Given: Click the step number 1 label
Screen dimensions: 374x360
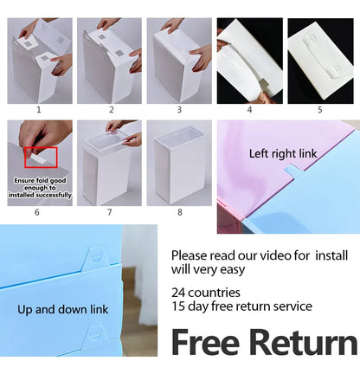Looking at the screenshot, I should (x=38, y=111).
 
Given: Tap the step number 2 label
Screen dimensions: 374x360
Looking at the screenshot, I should (x=111, y=111).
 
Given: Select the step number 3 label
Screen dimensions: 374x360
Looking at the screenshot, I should (x=179, y=111).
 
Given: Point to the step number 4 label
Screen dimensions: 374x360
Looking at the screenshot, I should (x=249, y=111).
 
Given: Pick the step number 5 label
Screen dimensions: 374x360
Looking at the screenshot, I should (x=319, y=111).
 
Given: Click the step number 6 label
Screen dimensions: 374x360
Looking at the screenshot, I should (x=37, y=212).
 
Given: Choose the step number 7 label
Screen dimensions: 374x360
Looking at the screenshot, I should (x=109, y=212).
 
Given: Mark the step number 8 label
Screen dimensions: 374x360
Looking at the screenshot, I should (x=179, y=212).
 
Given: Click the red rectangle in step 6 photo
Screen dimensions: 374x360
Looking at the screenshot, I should (x=41, y=158).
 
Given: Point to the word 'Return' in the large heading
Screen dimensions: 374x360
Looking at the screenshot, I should (x=304, y=343).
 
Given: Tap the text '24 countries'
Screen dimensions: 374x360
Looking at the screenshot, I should (x=205, y=293).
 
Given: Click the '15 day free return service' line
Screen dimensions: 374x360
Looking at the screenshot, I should (x=241, y=306).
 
